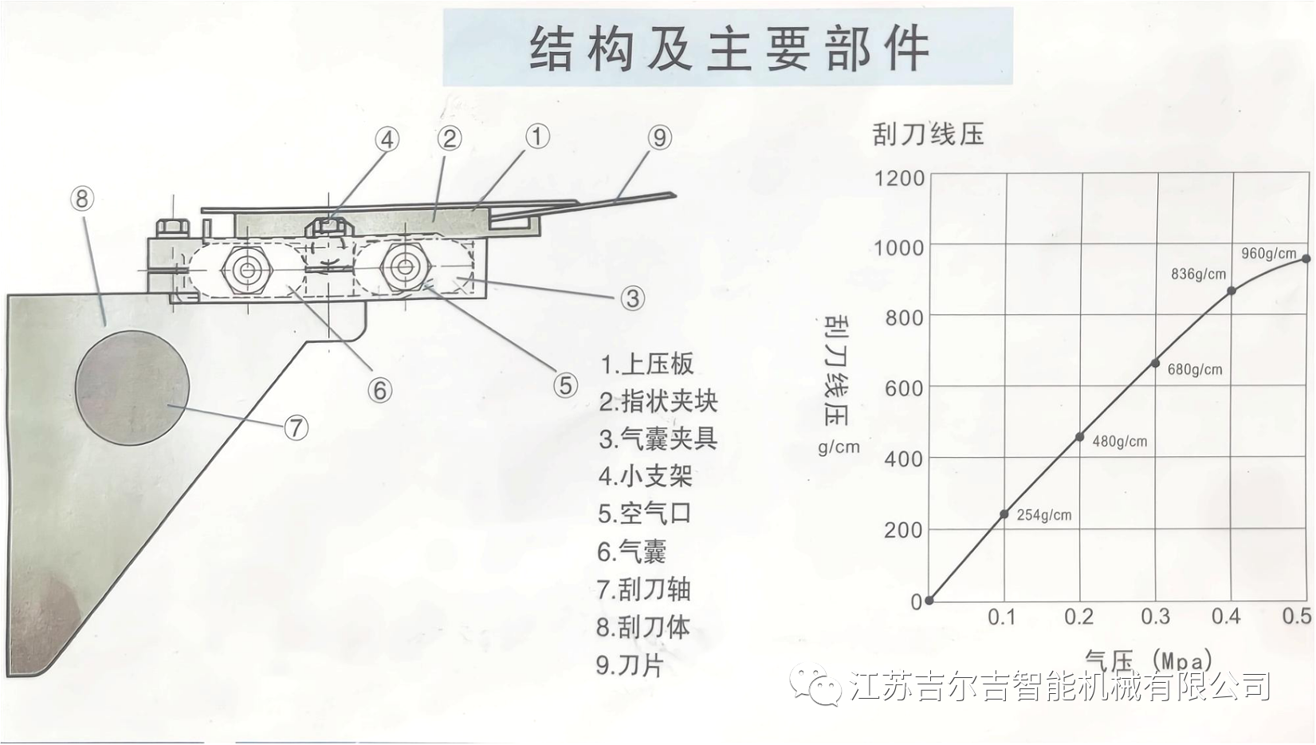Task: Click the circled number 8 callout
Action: pos(81,199)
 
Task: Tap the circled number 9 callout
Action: pos(660,137)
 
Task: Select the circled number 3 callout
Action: pos(632,298)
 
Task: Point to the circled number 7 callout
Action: pos(296,428)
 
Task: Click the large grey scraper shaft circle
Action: pos(132,388)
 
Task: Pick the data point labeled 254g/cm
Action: pos(1004,514)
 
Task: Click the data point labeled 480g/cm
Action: pos(1080,437)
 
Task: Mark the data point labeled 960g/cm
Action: pos(1306,258)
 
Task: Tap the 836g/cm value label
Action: pos(1199,274)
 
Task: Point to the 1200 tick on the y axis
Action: pos(899,178)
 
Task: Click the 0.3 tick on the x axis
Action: pos(1155,617)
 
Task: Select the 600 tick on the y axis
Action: pos(905,388)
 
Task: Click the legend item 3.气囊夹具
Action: pos(658,440)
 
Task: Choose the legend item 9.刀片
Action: pos(630,665)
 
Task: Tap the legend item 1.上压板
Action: pos(646,364)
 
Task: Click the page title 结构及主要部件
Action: pos(729,48)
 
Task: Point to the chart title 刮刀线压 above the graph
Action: pos(929,134)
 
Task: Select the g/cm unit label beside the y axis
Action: pos(839,447)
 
